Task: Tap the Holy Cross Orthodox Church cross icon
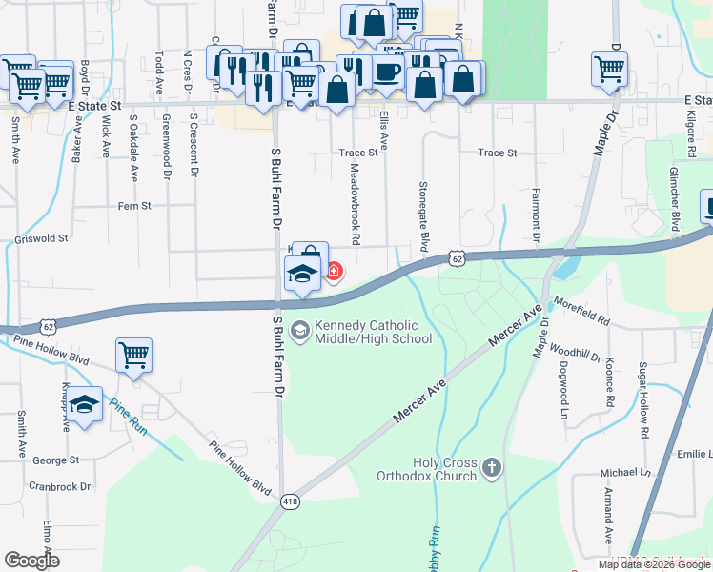(x=491, y=467)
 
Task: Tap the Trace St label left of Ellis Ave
(x=358, y=153)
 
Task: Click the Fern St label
(x=134, y=205)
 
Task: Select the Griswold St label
(x=42, y=238)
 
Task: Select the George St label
(x=55, y=460)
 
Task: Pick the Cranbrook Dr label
(x=60, y=485)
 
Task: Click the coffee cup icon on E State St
(x=386, y=72)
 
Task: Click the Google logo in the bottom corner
(x=32, y=560)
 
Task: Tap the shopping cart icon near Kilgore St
(x=609, y=68)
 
